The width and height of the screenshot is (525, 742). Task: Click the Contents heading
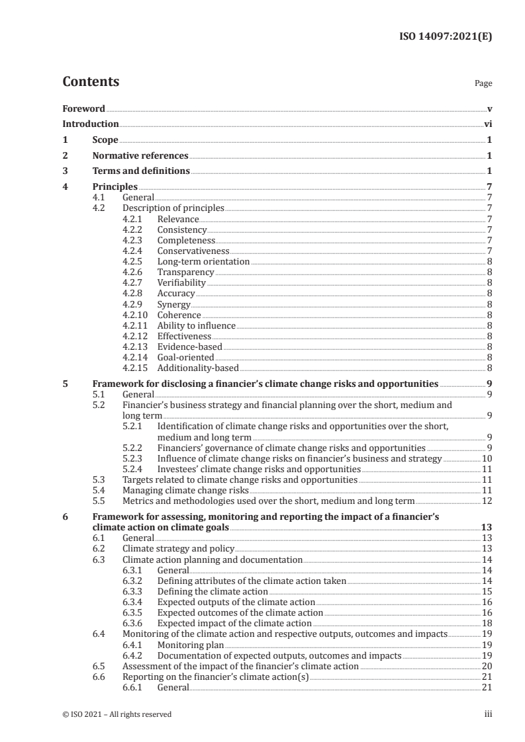91,82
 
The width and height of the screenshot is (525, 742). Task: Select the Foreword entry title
83,108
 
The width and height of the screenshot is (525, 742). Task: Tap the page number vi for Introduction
488,124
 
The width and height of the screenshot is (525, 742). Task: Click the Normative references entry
140,155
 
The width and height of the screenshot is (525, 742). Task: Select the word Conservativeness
193,251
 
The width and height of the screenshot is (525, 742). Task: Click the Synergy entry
173,304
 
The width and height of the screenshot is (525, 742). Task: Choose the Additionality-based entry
197,368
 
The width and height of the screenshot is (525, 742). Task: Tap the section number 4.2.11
136,325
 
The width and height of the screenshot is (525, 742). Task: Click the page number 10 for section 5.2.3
486,458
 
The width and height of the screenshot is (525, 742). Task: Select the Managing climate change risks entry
186,490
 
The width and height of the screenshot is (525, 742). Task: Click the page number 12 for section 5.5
486,501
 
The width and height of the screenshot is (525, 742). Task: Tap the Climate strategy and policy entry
179,548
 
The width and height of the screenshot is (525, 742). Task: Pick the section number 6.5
99,666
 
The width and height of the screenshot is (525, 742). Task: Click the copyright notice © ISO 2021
117,714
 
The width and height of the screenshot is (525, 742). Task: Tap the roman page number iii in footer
489,714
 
